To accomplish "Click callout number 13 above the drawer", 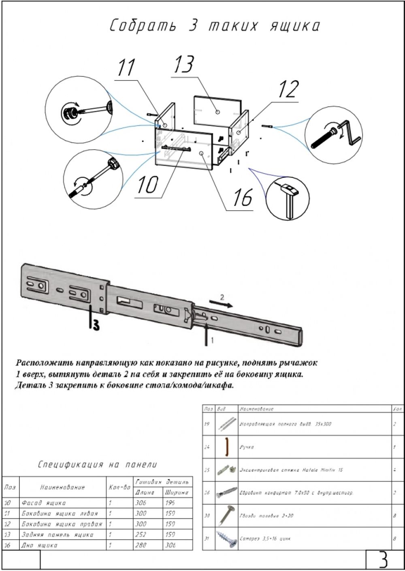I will (x=184, y=65).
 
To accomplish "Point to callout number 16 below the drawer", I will (x=242, y=198).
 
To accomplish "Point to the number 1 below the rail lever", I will (x=211, y=340).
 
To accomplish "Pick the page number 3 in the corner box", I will (x=383, y=560).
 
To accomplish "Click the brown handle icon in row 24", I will (x=227, y=447).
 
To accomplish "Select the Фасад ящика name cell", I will (x=44, y=503).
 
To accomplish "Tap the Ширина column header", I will (x=176, y=493).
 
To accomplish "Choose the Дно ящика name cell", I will (x=40, y=545).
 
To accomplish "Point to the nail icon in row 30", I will (x=226, y=515).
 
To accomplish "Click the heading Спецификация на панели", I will (x=98, y=465).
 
